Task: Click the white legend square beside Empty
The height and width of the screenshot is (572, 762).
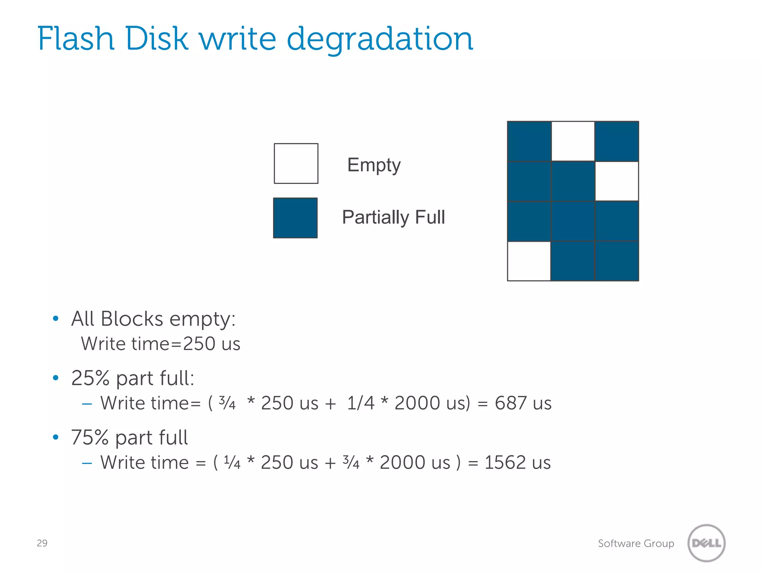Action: pos(296,163)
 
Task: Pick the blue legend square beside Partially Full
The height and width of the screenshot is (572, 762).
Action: pos(295,218)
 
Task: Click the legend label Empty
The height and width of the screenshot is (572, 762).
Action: pos(374,165)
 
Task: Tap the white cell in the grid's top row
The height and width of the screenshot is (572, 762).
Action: pos(573,141)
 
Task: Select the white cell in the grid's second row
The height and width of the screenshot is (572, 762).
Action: pos(617,181)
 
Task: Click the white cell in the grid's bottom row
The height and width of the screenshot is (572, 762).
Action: pos(529,261)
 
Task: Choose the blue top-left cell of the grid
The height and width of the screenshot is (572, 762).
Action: pos(529,141)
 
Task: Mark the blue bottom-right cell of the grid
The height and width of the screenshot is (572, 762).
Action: pos(617,261)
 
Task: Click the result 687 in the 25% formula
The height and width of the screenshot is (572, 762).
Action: pos(510,403)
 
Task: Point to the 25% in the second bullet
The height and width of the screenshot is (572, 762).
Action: pos(90,378)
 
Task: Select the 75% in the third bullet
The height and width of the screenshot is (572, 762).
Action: pos(90,437)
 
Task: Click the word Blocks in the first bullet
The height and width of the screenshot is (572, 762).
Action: pos(132,319)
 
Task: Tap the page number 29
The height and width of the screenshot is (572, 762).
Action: pos(42,543)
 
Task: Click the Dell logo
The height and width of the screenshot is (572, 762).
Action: pos(706,543)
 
